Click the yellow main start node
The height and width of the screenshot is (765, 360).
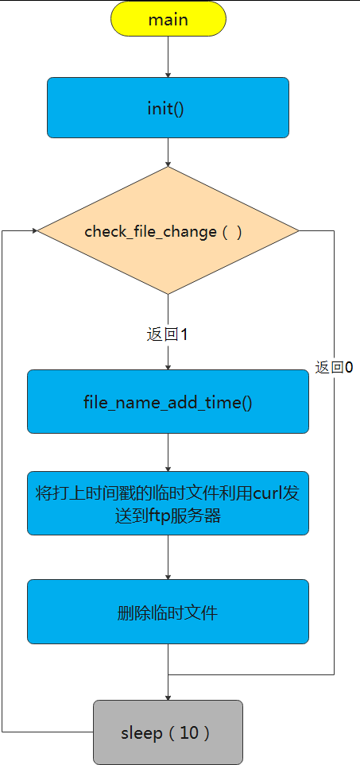pyautogui.click(x=168, y=19)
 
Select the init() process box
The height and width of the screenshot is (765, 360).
pyautogui.click(x=168, y=107)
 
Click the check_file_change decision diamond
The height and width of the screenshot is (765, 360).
pyautogui.click(x=168, y=231)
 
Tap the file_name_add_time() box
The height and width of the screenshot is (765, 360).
pyautogui.click(x=168, y=401)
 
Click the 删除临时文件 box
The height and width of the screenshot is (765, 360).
pyautogui.click(x=168, y=612)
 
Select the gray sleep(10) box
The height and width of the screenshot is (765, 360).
pyautogui.click(x=168, y=732)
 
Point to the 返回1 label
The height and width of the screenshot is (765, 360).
pyautogui.click(x=167, y=334)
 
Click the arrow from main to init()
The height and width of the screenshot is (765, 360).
pyautogui.click(x=168, y=56)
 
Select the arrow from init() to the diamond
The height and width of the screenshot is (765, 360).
pyautogui.click(x=168, y=152)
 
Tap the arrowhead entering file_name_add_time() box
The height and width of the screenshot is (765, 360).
pyautogui.click(x=168, y=366)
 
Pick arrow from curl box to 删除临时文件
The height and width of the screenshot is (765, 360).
pyautogui.click(x=168, y=557)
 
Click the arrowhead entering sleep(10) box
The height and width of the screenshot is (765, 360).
pyautogui.click(x=168, y=697)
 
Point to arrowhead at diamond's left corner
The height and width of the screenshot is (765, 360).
pyautogui.click(x=34, y=230)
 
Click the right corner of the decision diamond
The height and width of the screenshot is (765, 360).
pyautogui.click(x=298, y=231)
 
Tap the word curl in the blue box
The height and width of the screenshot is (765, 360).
pyautogui.click(x=268, y=493)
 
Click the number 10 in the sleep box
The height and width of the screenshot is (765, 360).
pyautogui.click(x=189, y=732)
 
